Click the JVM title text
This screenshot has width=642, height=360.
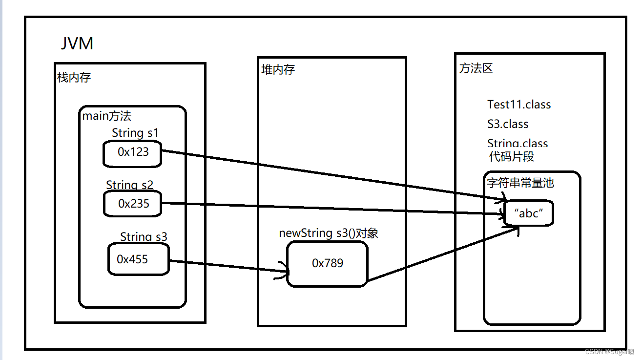click(77, 43)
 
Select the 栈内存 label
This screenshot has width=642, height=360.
click(74, 77)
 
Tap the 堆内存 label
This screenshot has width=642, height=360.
click(278, 69)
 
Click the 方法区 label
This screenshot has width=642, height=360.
click(476, 68)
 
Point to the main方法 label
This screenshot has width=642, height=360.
click(106, 116)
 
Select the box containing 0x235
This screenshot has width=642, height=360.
click(133, 203)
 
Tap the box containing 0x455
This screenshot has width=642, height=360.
click(138, 259)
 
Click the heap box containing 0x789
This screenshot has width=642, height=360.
click(327, 263)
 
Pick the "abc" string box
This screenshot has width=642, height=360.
click(529, 213)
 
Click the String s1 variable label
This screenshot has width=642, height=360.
click(135, 132)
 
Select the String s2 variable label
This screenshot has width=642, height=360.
click(129, 185)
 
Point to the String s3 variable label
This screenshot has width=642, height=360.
click(144, 237)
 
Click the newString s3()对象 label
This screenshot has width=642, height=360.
click(328, 233)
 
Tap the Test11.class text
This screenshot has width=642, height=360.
click(518, 104)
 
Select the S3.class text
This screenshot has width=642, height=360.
click(508, 124)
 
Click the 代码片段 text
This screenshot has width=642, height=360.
click(511, 156)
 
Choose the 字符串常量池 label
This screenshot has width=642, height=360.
click(520, 183)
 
